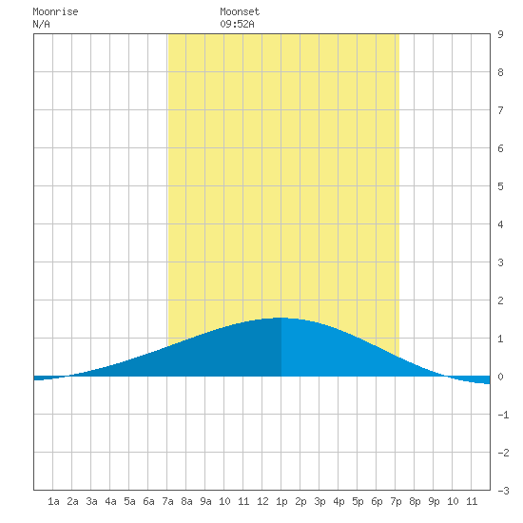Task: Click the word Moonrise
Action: (55, 12)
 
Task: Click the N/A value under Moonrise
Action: (41, 24)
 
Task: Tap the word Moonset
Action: (240, 12)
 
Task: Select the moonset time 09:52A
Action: (237, 24)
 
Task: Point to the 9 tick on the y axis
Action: (500, 34)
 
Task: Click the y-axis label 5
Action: (500, 186)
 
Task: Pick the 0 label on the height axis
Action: (500, 377)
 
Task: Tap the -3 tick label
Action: (503, 491)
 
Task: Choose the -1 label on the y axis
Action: (503, 415)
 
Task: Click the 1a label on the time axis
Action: (53, 501)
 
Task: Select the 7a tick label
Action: (167, 501)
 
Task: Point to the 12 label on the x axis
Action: (262, 501)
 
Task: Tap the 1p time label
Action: (281, 501)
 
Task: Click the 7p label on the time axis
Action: (396, 501)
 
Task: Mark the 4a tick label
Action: (110, 501)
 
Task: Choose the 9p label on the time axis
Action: (434, 501)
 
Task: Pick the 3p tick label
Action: (320, 501)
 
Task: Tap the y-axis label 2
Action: (500, 300)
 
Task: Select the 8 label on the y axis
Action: (500, 72)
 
